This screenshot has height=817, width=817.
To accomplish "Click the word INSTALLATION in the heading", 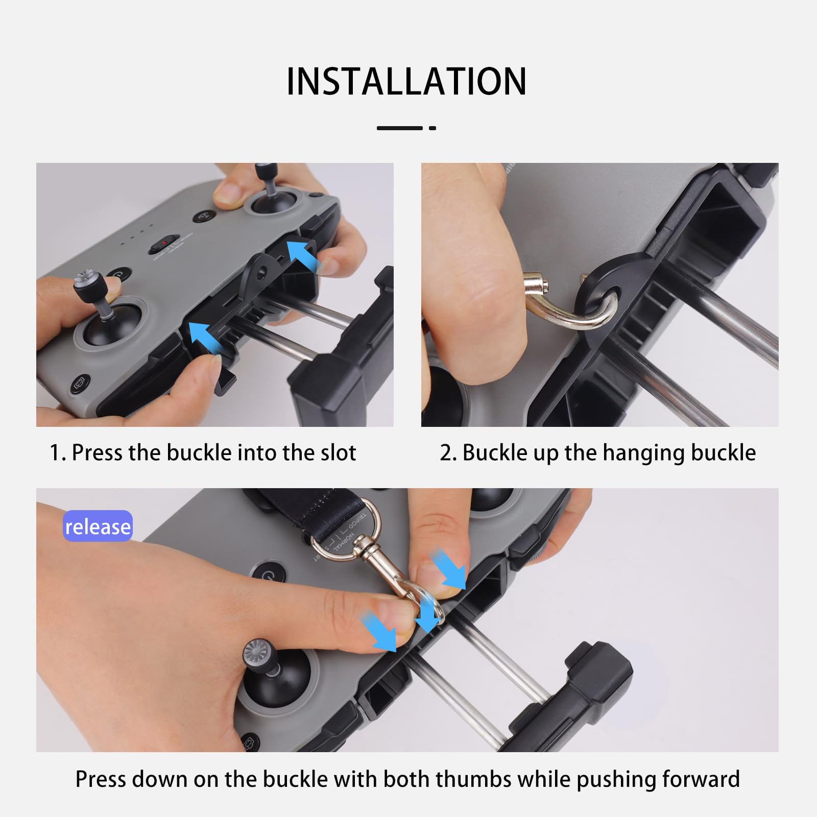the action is (406, 81).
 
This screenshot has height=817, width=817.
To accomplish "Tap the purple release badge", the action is (98, 526).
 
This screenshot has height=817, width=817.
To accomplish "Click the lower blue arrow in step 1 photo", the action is (207, 338).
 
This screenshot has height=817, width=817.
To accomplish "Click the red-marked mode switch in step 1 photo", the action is (163, 244).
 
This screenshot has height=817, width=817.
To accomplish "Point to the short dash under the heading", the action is (432, 128).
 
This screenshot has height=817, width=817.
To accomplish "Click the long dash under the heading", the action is (400, 128).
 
